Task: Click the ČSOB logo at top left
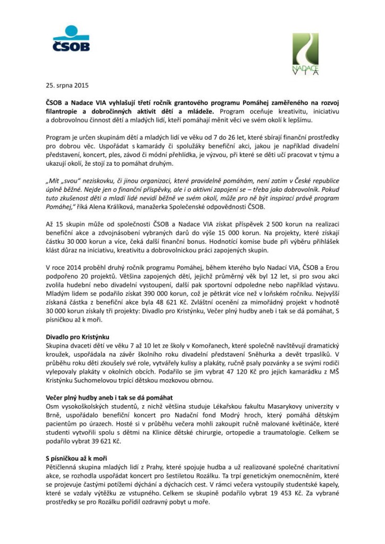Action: pyautogui.click(x=71, y=38)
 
